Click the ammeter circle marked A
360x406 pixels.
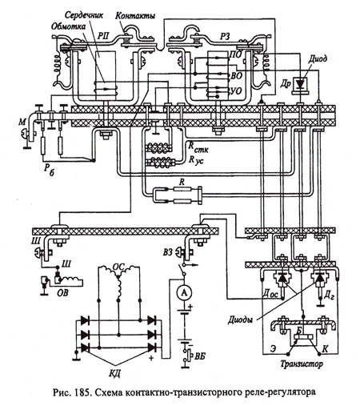[x=184, y=292]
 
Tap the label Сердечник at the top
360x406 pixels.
[x=84, y=14]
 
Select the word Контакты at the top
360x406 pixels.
[x=135, y=16]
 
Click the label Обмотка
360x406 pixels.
[x=69, y=26]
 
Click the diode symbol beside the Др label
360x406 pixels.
[x=301, y=84]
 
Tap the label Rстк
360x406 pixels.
[x=198, y=147]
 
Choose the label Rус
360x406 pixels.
[x=196, y=160]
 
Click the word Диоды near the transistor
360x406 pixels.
[x=240, y=320]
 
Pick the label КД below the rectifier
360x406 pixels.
[x=115, y=373]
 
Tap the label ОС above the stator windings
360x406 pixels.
[x=118, y=267]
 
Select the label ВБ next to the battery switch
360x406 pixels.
[x=200, y=356]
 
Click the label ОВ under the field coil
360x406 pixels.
[x=62, y=293]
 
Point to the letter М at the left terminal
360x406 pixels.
[x=22, y=123]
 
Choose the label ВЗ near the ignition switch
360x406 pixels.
[x=168, y=252]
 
